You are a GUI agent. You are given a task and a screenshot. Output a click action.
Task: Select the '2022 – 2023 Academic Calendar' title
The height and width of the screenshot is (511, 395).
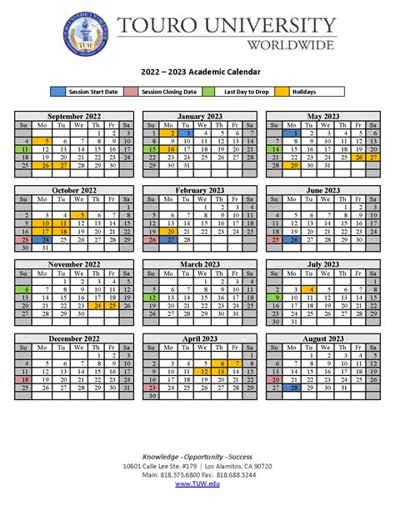(x=197, y=73)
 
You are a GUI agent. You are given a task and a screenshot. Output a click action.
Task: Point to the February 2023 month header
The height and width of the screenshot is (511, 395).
(x=197, y=190)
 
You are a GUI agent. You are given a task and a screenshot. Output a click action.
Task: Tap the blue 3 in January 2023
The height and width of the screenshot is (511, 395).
(x=189, y=133)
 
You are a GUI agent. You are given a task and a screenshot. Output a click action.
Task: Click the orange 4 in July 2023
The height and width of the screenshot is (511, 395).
(x=310, y=288)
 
